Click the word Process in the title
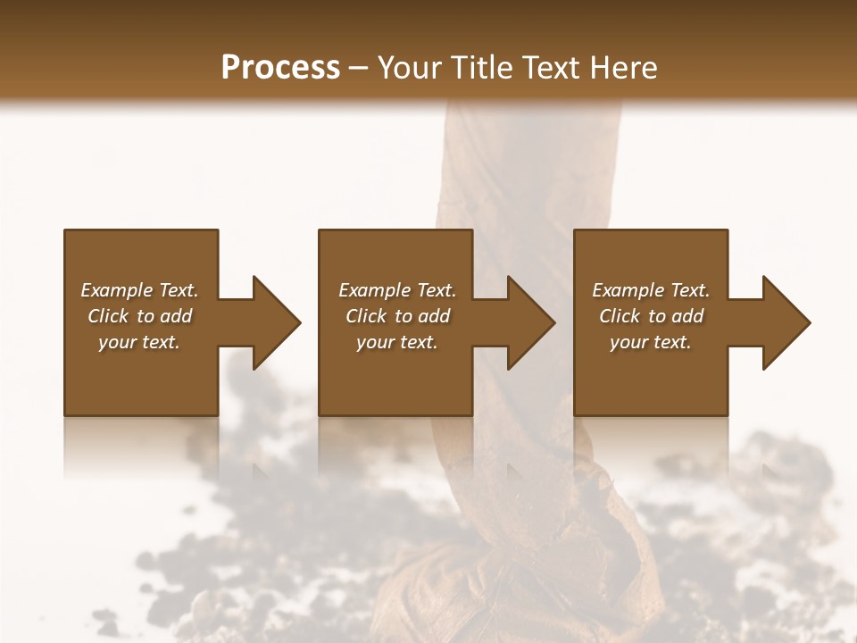pos(280,68)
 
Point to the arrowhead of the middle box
pos(528,322)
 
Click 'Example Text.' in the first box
pos(139,290)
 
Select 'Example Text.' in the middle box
pos(397,290)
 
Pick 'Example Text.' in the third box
pos(651,290)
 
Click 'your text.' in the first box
pos(139,342)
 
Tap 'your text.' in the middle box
pos(397,342)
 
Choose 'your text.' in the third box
pos(651,342)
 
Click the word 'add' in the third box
pos(687,316)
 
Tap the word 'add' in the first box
pos(176,316)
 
